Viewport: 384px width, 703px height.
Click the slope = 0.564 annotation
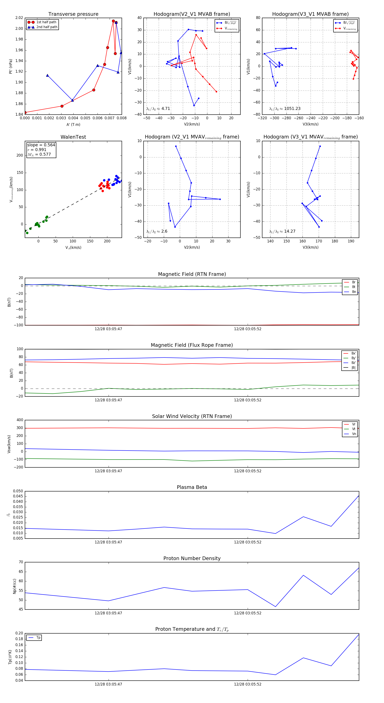[x=41, y=145]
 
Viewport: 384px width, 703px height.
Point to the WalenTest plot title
[x=73, y=137]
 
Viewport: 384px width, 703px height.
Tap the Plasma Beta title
[x=192, y=487]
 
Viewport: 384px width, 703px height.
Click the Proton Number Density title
[x=192, y=558]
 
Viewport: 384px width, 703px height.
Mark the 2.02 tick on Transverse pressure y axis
[x=19, y=18]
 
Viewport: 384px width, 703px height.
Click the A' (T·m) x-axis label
[x=73, y=124]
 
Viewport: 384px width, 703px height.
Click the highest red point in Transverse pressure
[x=113, y=21]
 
